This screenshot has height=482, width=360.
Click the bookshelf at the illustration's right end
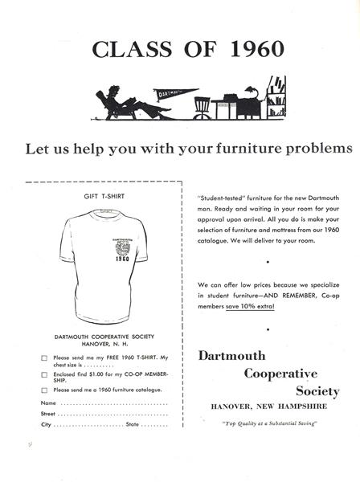(276, 98)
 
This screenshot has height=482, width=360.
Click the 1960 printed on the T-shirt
(121, 259)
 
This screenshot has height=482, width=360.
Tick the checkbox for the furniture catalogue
(43, 390)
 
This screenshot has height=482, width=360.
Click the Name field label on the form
(48, 402)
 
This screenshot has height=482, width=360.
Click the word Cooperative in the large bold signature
(280, 374)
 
